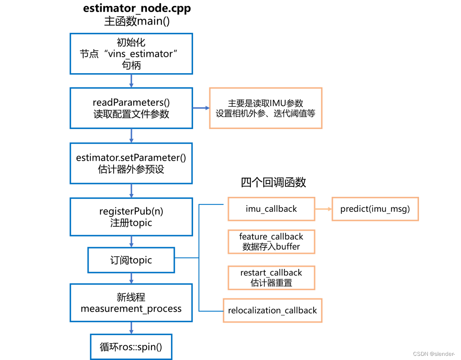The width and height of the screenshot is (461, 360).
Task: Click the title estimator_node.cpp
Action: click(x=137, y=9)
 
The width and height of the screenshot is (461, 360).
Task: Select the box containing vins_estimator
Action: click(x=131, y=54)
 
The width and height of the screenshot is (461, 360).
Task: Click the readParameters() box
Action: click(x=131, y=108)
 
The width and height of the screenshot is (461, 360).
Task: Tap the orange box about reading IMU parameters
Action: click(x=265, y=108)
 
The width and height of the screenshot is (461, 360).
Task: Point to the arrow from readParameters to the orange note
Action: click(x=201, y=108)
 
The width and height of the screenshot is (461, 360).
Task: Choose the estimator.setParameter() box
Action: click(x=131, y=163)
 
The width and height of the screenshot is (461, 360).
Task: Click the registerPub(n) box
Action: click(x=131, y=217)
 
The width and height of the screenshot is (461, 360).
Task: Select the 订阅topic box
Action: click(x=131, y=260)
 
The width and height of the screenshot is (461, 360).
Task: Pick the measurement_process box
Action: click(x=131, y=303)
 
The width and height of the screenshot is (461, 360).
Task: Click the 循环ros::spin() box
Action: click(x=131, y=346)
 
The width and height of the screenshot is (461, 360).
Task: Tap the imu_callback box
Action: click(x=271, y=209)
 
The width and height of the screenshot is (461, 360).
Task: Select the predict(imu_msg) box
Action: click(x=375, y=209)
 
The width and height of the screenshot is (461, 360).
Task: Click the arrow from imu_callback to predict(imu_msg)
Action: click(x=323, y=209)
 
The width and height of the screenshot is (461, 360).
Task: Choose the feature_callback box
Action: click(x=271, y=241)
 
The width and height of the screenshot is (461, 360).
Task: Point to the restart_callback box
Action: click(x=271, y=278)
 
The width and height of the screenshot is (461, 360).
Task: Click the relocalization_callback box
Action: click(x=273, y=310)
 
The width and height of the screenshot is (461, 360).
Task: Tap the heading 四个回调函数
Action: click(x=273, y=182)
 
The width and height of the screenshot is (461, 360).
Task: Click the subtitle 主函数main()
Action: click(x=137, y=21)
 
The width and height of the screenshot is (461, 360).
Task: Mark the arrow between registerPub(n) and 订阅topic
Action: click(x=131, y=241)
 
